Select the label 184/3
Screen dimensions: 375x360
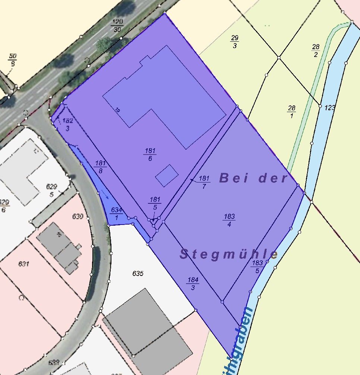[x=193, y=284]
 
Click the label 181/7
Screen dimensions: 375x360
[x=204, y=182]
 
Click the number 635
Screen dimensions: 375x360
[x=138, y=274]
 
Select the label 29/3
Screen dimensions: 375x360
[x=235, y=42]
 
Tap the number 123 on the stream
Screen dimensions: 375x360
[x=330, y=108]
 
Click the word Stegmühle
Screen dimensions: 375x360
[x=229, y=255]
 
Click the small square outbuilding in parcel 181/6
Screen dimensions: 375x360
[x=167, y=175]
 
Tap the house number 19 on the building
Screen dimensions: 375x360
[x=117, y=110]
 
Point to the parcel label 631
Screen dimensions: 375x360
[x=23, y=264]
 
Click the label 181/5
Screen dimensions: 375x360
[x=155, y=203]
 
